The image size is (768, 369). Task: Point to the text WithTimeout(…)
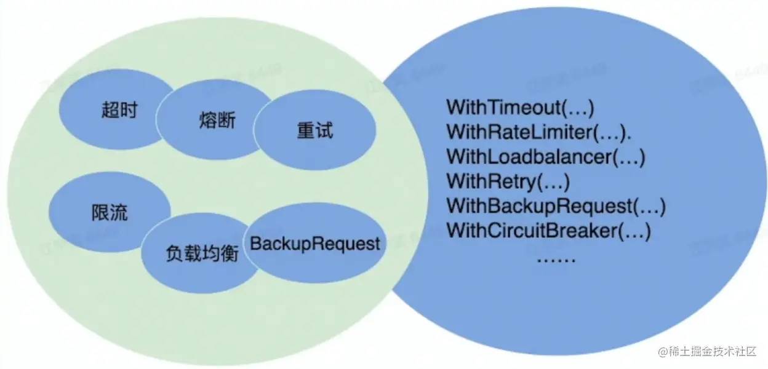click(x=520, y=107)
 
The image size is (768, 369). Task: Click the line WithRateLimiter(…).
click(x=539, y=132)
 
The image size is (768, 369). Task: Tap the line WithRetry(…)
click(x=508, y=181)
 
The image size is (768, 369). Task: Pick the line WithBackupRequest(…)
click(x=556, y=206)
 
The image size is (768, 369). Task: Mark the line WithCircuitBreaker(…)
click(x=548, y=231)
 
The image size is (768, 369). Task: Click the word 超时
click(x=119, y=111)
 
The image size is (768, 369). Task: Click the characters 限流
click(x=110, y=212)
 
